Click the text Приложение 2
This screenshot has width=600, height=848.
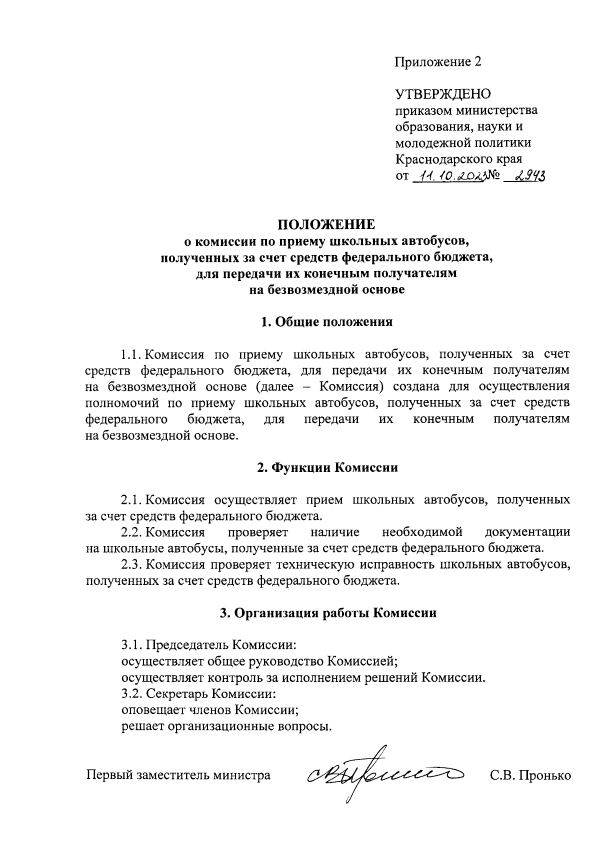click(438, 61)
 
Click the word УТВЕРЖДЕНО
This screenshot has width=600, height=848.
click(443, 94)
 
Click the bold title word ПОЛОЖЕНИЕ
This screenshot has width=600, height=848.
click(326, 224)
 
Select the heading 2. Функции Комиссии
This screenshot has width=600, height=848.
click(327, 467)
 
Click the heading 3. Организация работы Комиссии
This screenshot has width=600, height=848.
click(328, 613)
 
